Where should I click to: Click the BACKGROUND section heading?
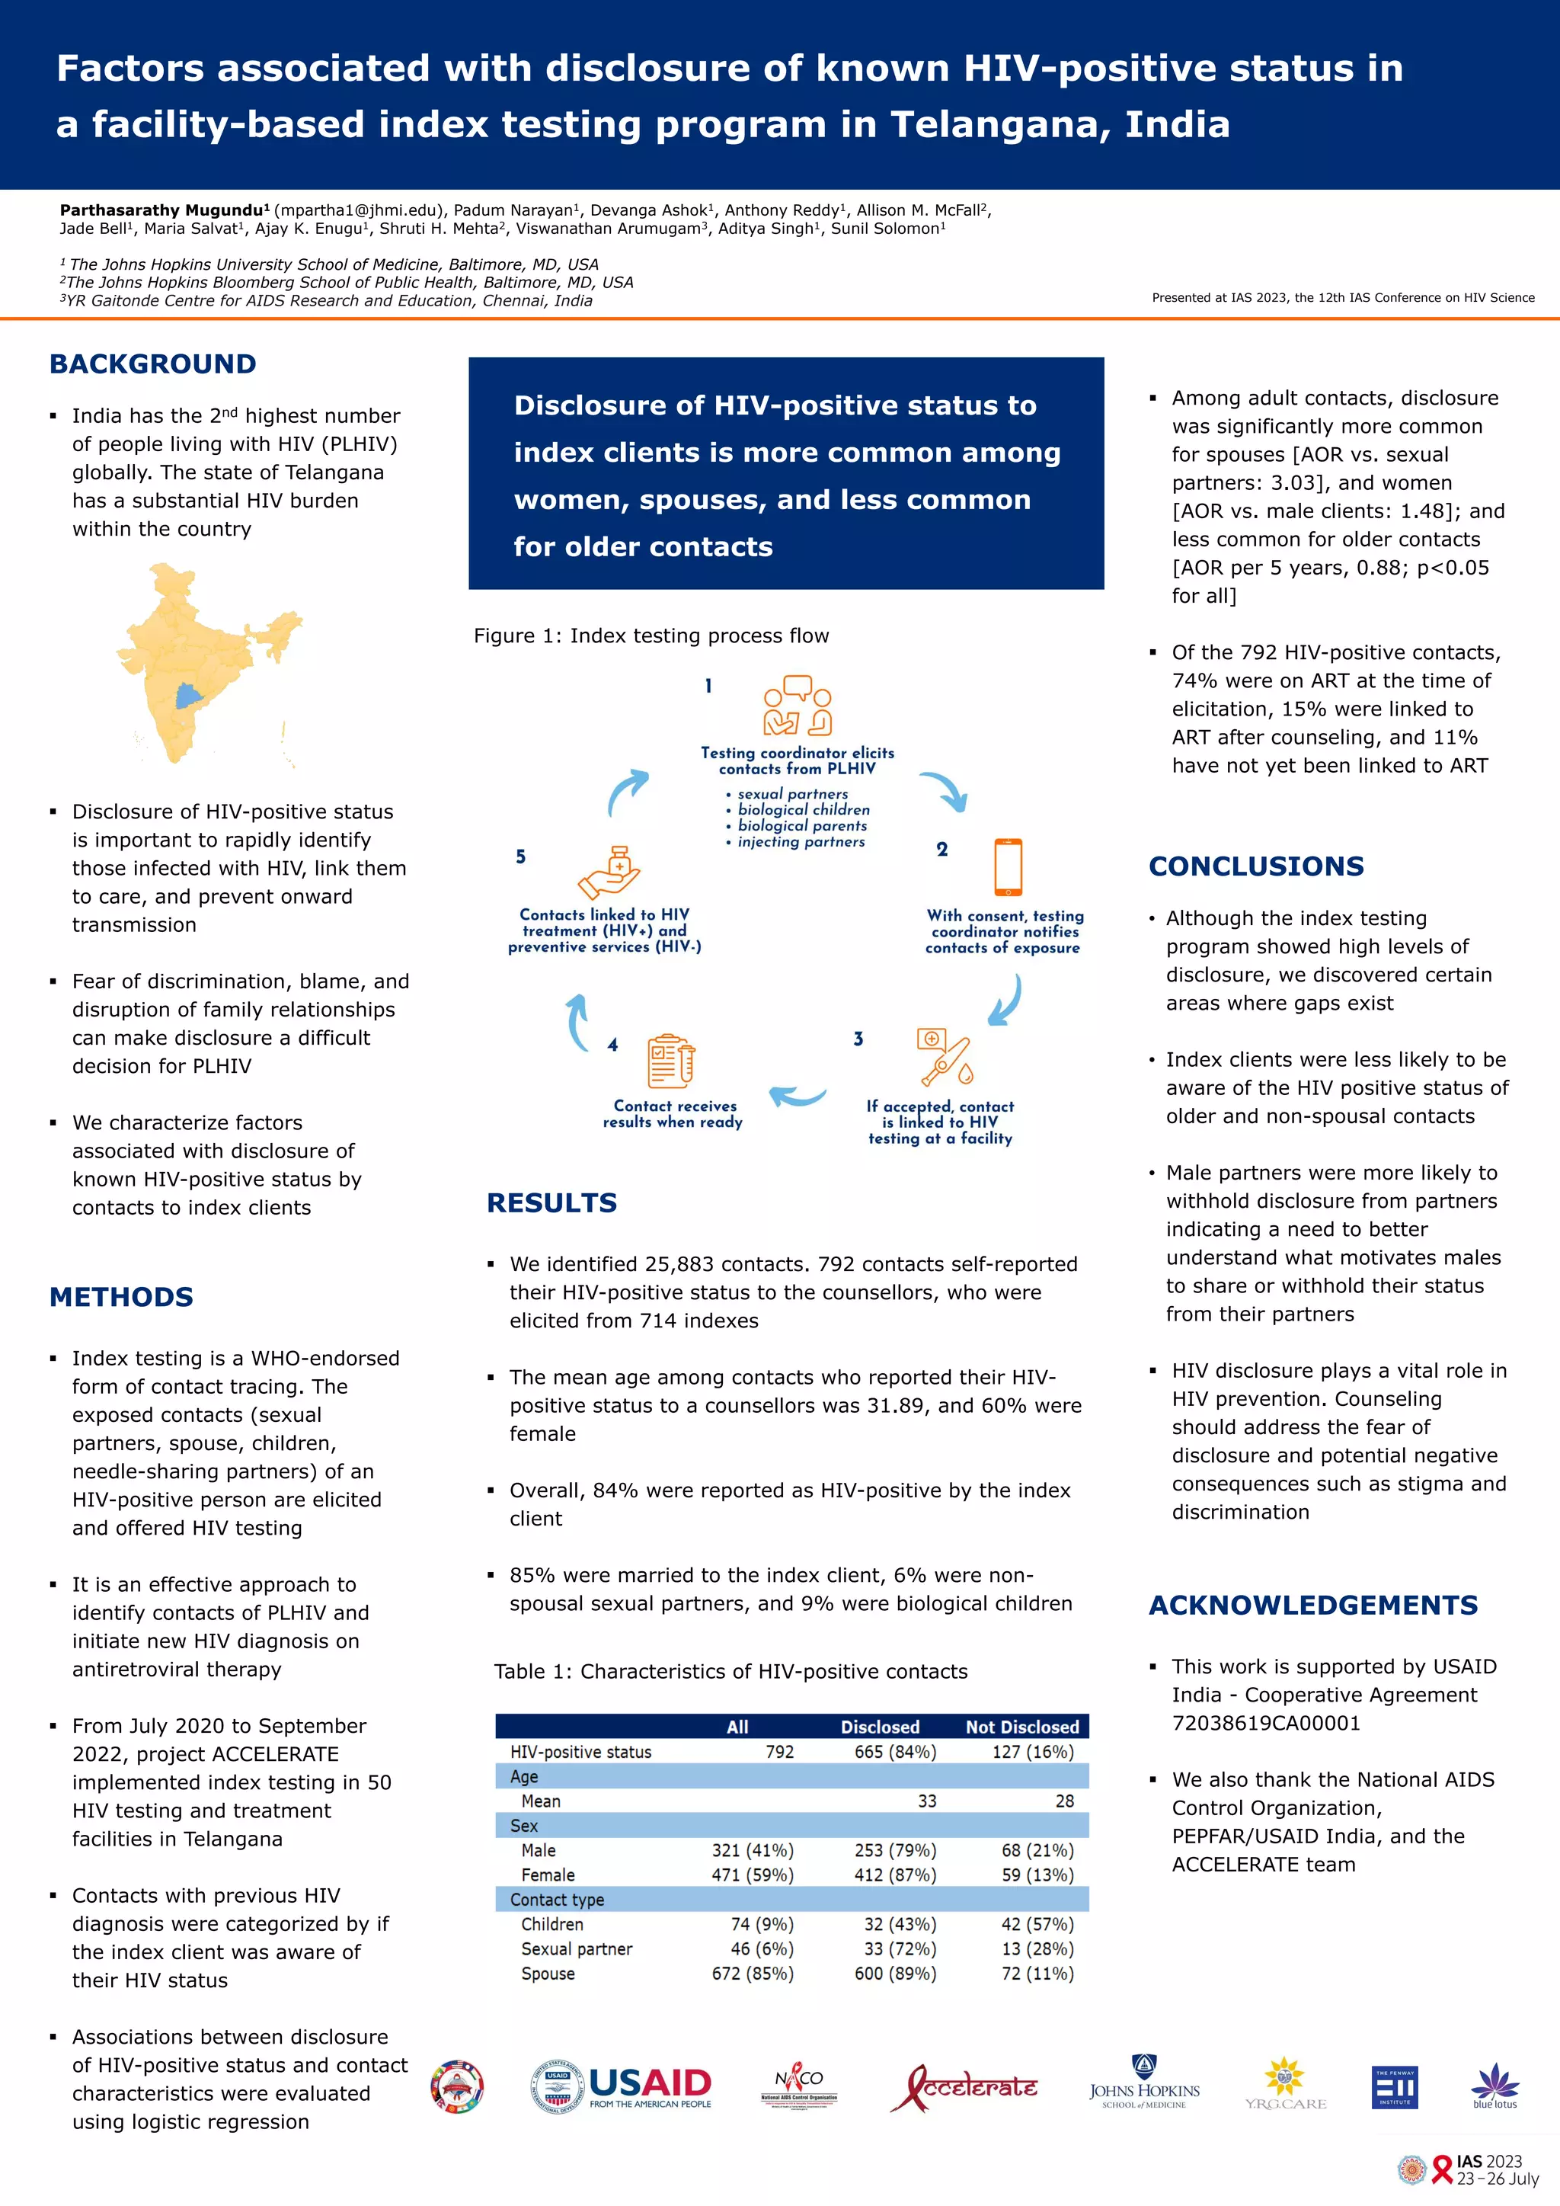(153, 364)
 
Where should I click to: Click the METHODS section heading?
(121, 1297)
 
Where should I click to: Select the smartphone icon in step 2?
(1008, 866)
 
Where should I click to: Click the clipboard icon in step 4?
(670, 1061)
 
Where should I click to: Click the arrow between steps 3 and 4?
(798, 1095)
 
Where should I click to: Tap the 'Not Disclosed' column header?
(1022, 1727)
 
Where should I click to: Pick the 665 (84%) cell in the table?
(894, 1752)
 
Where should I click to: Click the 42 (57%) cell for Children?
(1037, 1923)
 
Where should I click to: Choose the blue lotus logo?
(1494, 2086)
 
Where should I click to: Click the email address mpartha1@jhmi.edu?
(360, 210)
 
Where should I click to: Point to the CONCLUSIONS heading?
(1255, 866)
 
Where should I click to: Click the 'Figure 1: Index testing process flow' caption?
(651, 636)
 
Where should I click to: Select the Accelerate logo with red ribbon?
(964, 2086)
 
